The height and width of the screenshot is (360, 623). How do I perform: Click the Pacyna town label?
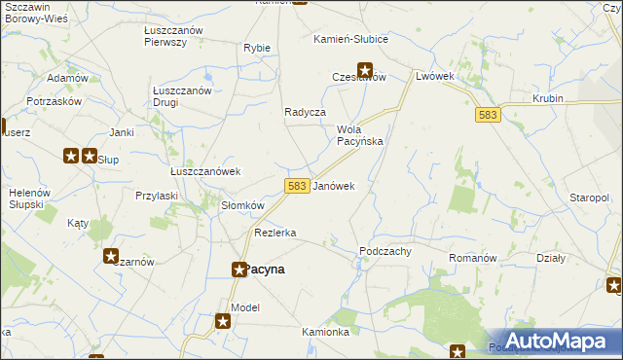coord(266,270)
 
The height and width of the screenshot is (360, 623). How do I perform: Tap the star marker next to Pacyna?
coord(238,270)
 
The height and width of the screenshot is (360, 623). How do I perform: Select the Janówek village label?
coord(334,185)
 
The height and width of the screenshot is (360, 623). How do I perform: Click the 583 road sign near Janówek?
coord(298,185)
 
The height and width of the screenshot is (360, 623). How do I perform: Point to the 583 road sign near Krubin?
coord(488,115)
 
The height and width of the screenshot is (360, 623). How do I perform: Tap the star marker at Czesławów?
coord(365,69)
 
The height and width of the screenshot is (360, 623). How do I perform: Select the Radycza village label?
coord(305,112)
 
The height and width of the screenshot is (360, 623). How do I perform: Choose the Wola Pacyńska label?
coord(359,134)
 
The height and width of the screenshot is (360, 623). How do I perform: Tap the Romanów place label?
coord(473,258)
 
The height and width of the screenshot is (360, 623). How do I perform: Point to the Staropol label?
coord(590,198)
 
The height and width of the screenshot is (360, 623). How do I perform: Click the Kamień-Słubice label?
coord(350,39)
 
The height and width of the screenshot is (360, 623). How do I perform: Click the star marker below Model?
coord(223,321)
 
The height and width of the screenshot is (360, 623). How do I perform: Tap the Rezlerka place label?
coord(275,233)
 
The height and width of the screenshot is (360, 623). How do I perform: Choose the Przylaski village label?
coord(157,195)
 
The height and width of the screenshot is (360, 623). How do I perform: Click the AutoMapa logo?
coord(554,342)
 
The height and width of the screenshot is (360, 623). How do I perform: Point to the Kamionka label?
coord(325,332)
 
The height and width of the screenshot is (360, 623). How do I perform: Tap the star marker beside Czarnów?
coord(111,255)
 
